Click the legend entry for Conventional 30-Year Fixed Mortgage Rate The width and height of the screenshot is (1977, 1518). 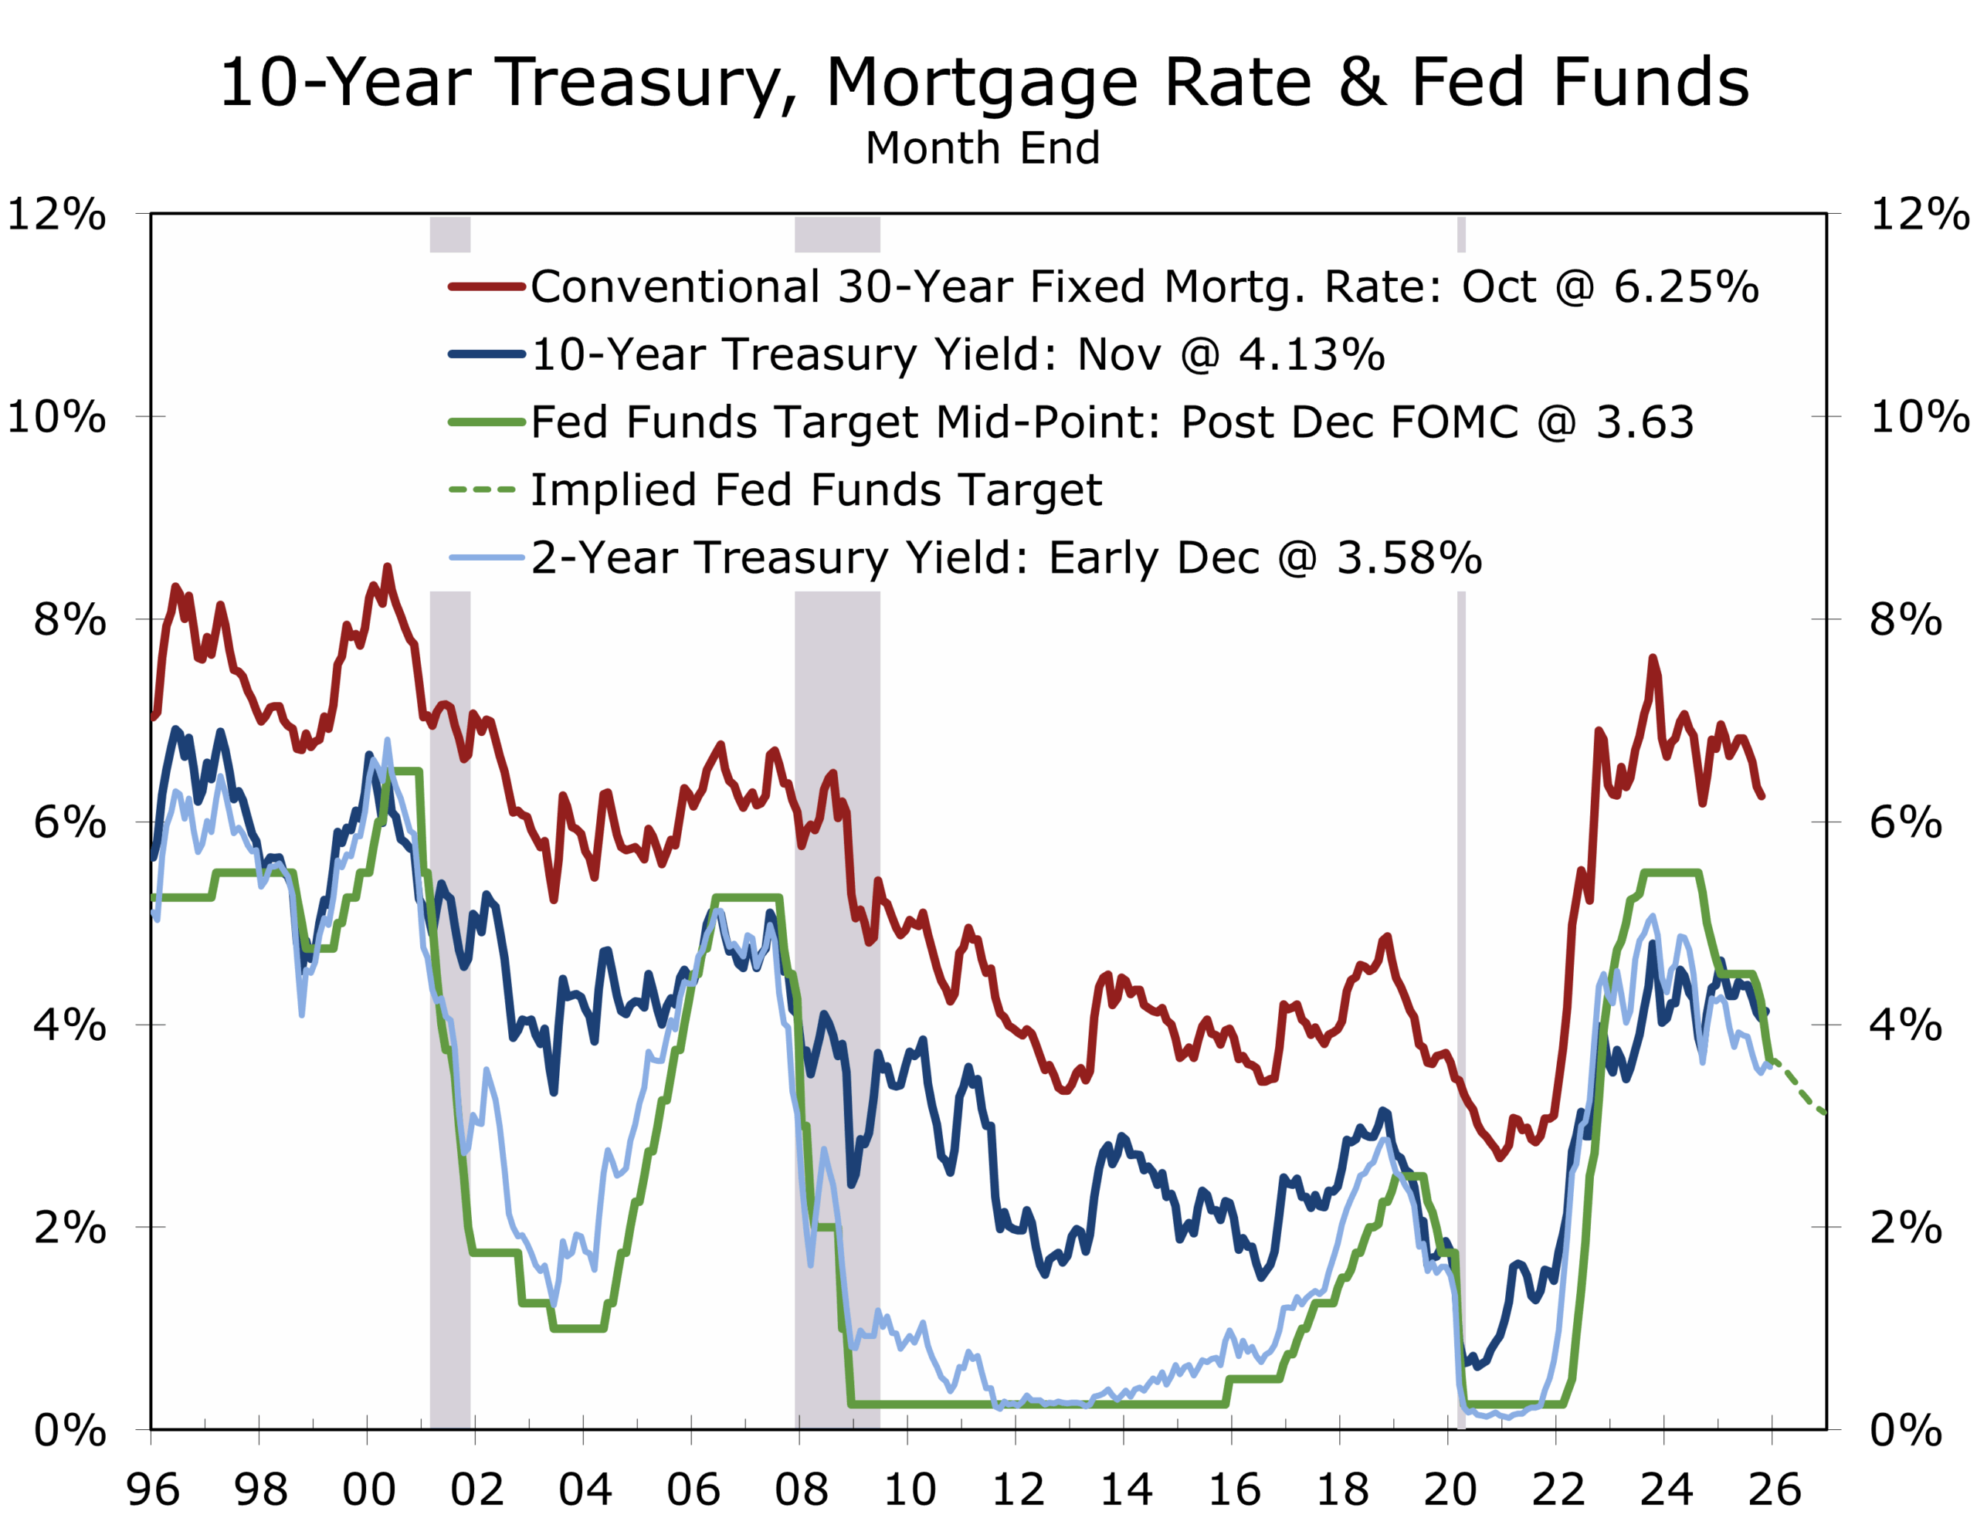pyautogui.click(x=994, y=286)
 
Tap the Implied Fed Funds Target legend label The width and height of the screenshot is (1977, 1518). pyautogui.click(x=816, y=490)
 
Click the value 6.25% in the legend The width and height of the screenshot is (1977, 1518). pyautogui.click(x=1686, y=286)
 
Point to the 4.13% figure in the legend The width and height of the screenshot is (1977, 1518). pyautogui.click(x=1311, y=354)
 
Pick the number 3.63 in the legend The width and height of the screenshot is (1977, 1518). pyautogui.click(x=1644, y=422)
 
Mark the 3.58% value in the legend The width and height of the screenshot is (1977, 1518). pyautogui.click(x=1409, y=557)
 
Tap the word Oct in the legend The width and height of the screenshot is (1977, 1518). pyautogui.click(x=1499, y=286)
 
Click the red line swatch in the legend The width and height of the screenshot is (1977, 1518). pyautogui.click(x=486, y=286)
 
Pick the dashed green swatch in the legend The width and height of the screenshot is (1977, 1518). pyautogui.click(x=483, y=490)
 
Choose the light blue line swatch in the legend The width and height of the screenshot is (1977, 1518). pyautogui.click(x=486, y=557)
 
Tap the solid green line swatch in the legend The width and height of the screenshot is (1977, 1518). pyautogui.click(x=486, y=422)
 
